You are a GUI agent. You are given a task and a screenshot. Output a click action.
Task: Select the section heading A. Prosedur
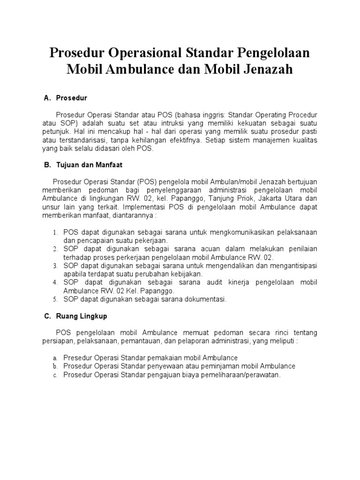click(65, 98)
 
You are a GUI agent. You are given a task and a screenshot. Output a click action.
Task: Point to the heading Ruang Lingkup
click(75, 316)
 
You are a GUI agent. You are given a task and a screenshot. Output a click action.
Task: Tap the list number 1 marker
click(55, 232)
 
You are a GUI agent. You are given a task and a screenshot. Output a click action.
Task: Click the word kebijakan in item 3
click(183, 274)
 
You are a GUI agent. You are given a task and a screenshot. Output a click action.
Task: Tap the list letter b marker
click(55, 366)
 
